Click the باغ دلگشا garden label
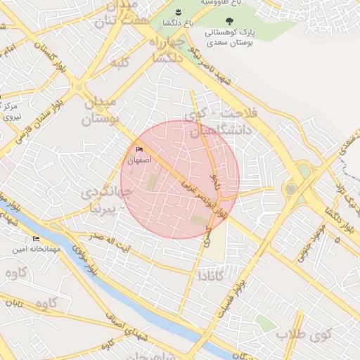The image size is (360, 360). (166, 22)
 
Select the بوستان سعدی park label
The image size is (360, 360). (231, 43)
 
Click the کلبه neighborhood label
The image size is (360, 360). (121, 63)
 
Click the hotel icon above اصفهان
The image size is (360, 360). (139, 149)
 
